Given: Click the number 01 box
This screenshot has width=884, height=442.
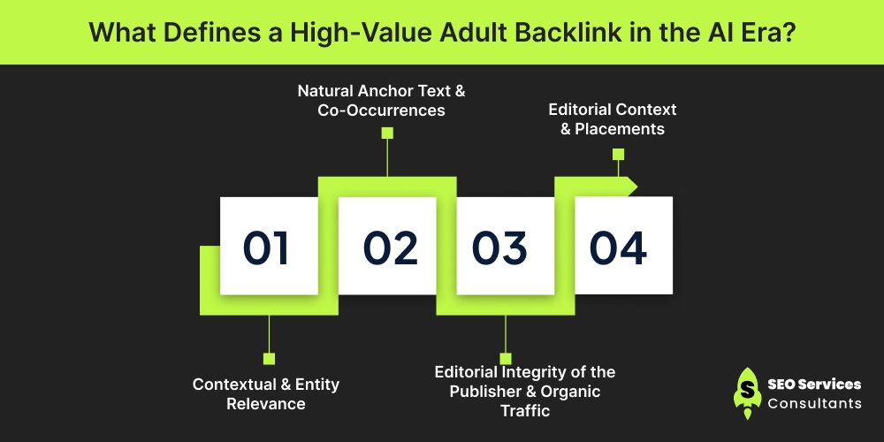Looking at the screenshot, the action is coord(269,245).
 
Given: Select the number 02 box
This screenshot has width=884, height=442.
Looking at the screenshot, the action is coord(387,245).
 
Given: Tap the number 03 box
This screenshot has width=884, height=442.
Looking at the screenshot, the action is coord(505,245).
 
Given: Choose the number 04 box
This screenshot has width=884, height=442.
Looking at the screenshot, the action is coord(623,245).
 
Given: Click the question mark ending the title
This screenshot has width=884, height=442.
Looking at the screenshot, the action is coord(788,32).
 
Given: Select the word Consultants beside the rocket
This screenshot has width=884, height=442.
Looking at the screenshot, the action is coord(815,403).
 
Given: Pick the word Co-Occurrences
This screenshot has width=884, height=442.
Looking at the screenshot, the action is coord(381,110).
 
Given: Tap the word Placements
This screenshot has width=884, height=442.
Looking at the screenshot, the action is coord(620,129).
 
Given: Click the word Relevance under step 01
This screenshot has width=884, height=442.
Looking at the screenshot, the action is coord(266,404).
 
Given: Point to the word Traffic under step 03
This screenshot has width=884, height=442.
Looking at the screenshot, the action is coord(525,410).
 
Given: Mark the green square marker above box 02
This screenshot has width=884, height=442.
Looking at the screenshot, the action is coord(387,133).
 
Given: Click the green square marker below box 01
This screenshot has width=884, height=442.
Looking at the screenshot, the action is coord(269,359).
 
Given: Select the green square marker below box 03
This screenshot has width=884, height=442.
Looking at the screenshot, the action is coord(506,359).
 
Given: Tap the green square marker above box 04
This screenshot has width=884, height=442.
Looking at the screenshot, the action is coord(619,155).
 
